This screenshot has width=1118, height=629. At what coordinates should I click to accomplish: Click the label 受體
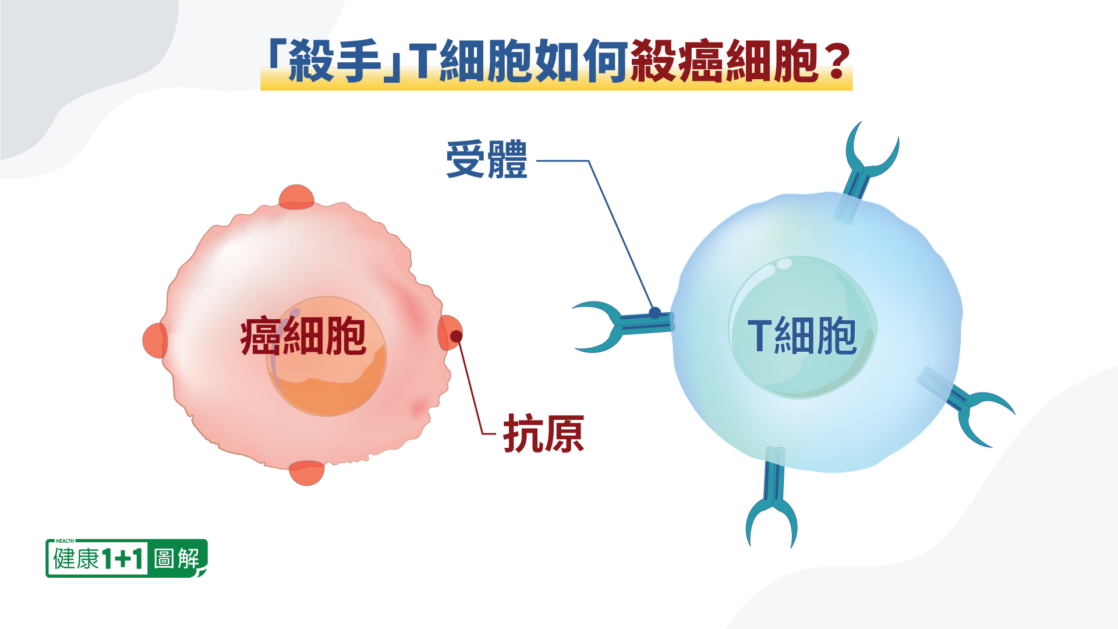click(x=487, y=160)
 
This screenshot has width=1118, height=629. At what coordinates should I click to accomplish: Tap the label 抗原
click(x=543, y=433)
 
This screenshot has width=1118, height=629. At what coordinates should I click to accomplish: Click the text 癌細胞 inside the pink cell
click(x=303, y=336)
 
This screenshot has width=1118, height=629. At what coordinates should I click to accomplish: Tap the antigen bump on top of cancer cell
click(x=296, y=197)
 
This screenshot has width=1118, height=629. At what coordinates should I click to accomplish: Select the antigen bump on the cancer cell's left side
click(x=155, y=340)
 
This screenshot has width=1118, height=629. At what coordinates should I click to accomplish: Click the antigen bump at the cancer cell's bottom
click(x=307, y=473)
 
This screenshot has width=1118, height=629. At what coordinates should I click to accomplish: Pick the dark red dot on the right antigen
click(x=457, y=336)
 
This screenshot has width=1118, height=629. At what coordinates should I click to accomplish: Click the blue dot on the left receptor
click(x=655, y=313)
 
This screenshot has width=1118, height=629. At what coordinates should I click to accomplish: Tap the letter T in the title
click(x=423, y=61)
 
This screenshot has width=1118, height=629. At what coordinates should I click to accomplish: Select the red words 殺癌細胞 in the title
click(x=724, y=61)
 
